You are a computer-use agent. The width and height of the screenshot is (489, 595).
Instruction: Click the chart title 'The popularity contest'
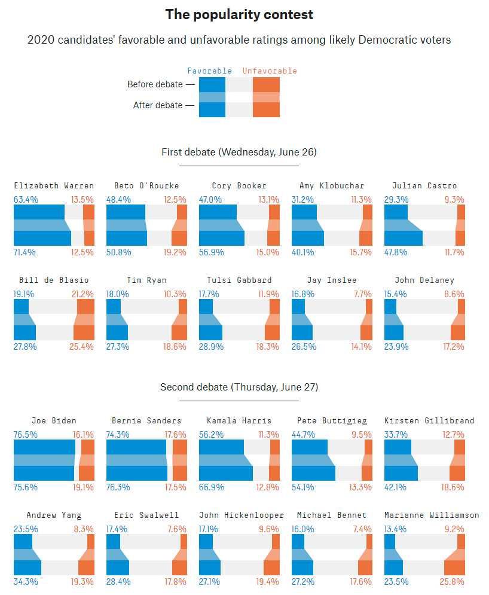239,14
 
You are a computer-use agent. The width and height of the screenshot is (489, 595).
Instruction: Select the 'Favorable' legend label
209,71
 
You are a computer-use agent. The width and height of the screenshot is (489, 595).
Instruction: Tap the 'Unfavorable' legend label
270,71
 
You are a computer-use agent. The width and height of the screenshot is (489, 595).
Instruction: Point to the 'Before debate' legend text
155,84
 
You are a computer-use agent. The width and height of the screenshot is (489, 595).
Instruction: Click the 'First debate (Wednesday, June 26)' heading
239,152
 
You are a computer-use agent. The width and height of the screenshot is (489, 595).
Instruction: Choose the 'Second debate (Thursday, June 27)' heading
239,387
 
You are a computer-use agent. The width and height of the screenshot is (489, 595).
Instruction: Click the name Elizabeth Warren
54,185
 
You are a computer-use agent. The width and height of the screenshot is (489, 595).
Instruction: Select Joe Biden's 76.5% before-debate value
26,434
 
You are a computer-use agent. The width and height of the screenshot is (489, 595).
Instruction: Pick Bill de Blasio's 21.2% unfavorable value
82,294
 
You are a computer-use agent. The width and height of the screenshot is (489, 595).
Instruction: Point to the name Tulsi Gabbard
239,280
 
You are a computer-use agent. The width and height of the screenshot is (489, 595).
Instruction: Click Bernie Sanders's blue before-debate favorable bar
136,447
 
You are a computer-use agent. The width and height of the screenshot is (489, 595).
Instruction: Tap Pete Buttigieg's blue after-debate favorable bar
313,473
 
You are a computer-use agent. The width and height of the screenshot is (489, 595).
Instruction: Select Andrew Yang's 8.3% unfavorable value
84,529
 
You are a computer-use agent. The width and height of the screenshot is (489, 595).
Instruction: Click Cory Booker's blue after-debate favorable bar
221,238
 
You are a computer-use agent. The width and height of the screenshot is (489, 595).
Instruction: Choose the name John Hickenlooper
239,515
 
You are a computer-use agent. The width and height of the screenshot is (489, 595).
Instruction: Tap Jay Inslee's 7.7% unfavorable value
362,294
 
